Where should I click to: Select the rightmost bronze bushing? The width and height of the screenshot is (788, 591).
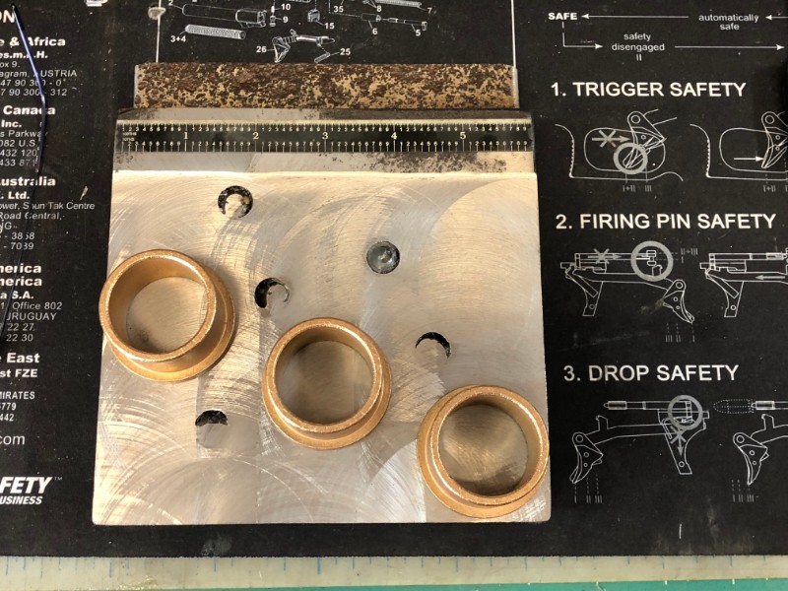(x=483, y=449)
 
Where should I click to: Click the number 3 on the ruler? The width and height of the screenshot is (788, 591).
(x=326, y=135)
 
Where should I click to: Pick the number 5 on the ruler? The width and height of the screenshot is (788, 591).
(x=464, y=135)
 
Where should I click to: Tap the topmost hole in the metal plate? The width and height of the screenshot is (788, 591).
(x=234, y=201)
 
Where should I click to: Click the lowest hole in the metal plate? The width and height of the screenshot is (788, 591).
(x=211, y=419)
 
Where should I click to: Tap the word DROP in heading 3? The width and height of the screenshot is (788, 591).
(x=620, y=373)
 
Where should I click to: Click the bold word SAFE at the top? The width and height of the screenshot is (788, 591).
(x=562, y=17)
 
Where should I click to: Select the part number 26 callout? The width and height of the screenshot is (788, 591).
(x=261, y=48)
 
